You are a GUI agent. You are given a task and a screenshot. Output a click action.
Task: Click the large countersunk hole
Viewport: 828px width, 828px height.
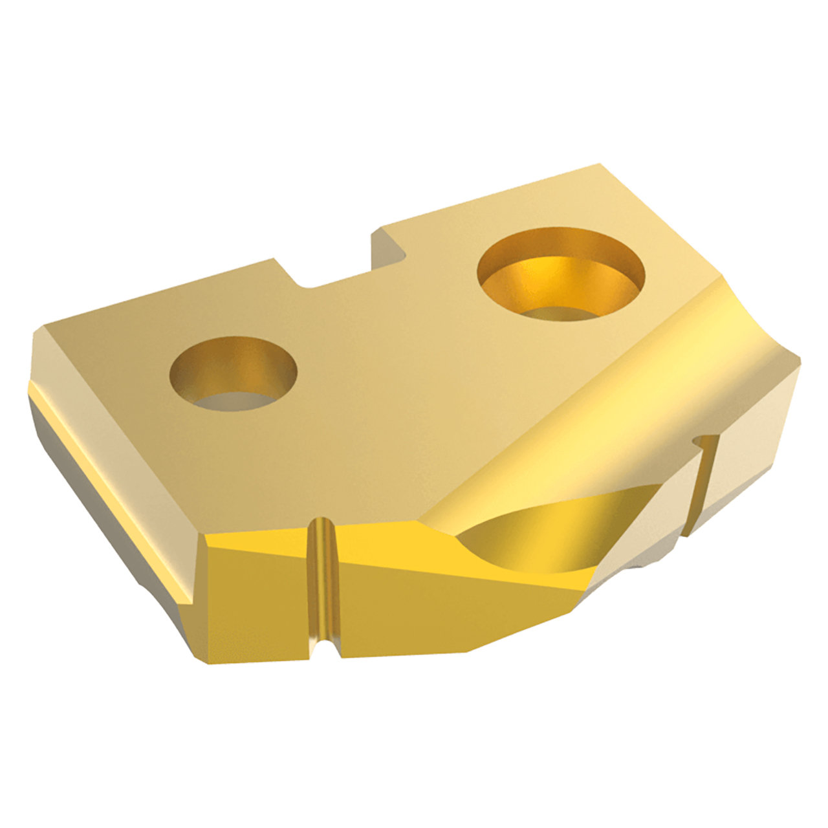tap(560, 275)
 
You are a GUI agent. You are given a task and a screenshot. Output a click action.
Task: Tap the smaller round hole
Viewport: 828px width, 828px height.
tap(232, 375)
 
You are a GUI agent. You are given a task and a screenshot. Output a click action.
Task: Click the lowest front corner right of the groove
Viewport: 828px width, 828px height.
tap(466, 650)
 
